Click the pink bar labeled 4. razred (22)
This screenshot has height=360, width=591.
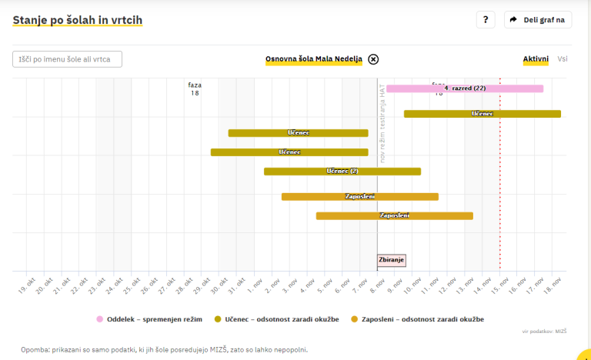coord(465,88)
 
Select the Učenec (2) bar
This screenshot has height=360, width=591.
coord(342,172)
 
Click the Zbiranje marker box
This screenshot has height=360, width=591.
coord(391,260)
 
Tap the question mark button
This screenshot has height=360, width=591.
coord(485,20)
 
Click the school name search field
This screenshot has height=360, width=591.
coord(68,59)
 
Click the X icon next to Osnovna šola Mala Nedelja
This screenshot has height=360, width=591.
coord(373,59)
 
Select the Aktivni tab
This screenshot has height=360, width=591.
coord(536,59)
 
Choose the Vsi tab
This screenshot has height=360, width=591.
coord(563,59)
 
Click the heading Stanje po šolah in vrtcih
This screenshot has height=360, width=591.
coord(77,19)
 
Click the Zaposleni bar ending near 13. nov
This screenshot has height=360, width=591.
coord(394,216)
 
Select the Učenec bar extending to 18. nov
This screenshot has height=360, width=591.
coord(482,114)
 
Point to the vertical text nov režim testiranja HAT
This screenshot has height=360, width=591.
coord(382,123)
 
